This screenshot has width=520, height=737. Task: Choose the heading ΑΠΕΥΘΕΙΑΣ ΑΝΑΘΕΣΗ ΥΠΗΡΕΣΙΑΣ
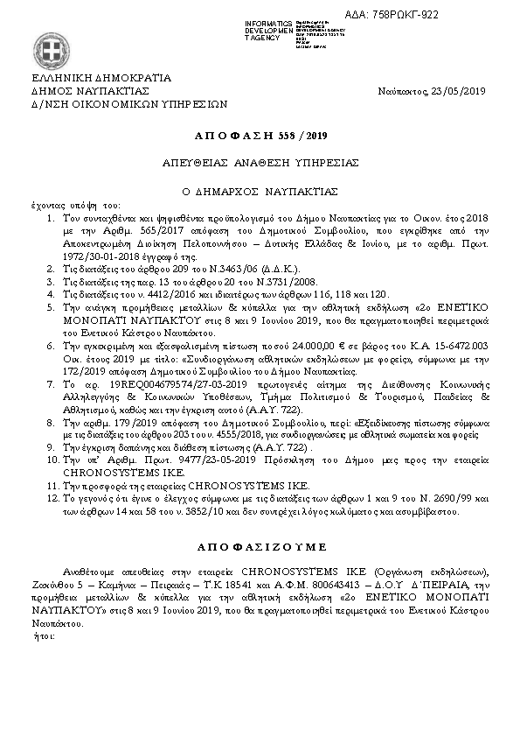coord(260,164)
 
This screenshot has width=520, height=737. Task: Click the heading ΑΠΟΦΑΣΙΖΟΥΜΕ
coord(260,544)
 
